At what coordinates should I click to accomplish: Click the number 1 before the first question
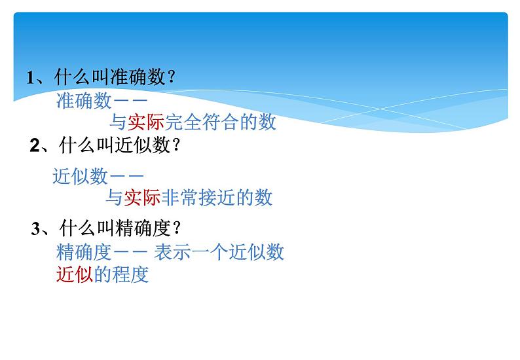click(29, 79)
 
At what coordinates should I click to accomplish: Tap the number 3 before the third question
click(36, 228)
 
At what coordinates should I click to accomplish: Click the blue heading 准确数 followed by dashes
click(81, 101)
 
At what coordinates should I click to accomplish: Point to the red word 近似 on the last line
click(75, 274)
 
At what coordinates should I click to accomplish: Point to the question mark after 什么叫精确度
click(177, 228)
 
